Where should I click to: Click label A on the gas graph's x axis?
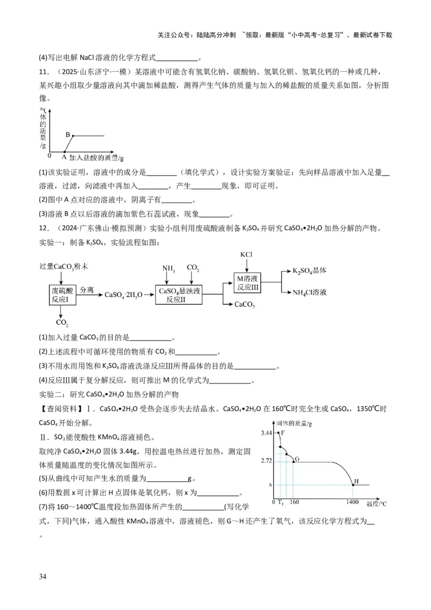click(x=64, y=157)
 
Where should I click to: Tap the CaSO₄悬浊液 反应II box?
click(x=179, y=294)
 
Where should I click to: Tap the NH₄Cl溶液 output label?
click(x=313, y=293)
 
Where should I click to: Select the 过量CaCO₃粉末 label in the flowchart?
click(x=64, y=267)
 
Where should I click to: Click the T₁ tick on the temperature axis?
click(x=280, y=502)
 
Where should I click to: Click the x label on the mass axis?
click(x=270, y=484)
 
